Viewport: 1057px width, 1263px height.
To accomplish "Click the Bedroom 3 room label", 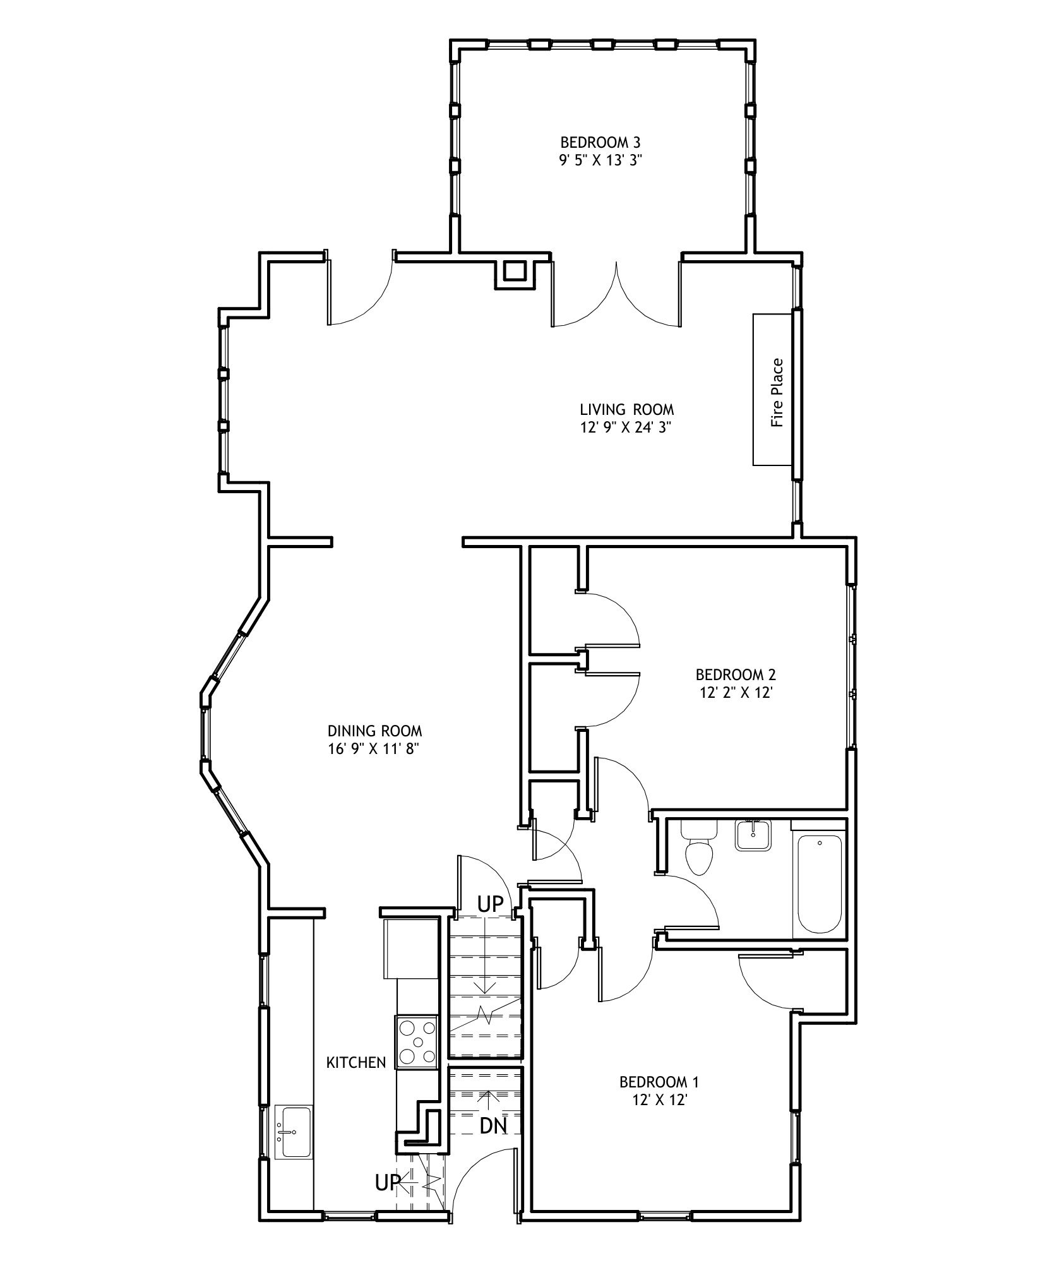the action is tap(595, 142).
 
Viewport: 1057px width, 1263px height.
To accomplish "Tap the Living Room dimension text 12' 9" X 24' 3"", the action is tap(627, 426).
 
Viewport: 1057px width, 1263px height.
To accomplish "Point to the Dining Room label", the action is tap(374, 731).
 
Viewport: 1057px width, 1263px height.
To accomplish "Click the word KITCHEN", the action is tap(356, 1063).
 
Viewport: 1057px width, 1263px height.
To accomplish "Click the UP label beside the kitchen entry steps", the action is tap(388, 1183).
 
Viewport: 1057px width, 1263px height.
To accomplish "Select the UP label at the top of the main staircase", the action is tap(491, 904).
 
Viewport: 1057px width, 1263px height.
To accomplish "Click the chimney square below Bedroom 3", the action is tap(515, 272).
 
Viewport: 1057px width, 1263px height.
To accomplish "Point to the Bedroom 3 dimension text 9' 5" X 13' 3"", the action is tap(595, 160).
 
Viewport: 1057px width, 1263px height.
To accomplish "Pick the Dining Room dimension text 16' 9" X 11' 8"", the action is tap(374, 750).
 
